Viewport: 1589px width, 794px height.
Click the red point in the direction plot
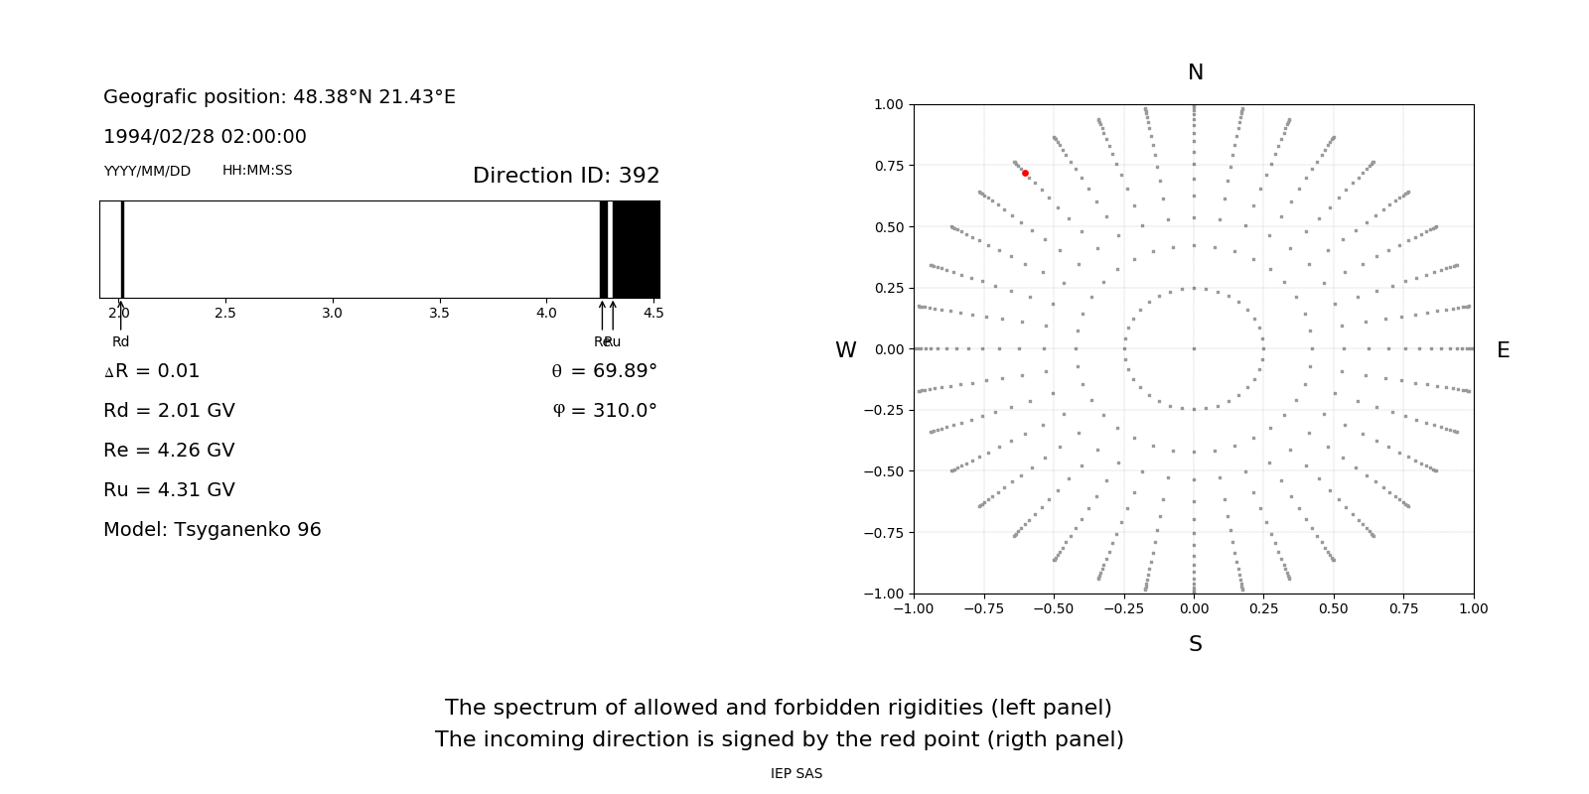(1025, 173)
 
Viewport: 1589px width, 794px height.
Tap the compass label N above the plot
(1196, 72)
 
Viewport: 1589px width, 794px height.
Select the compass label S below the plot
(1196, 644)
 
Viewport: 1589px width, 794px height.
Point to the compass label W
(846, 350)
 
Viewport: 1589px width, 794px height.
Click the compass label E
(1503, 350)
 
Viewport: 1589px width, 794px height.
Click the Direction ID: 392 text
(566, 176)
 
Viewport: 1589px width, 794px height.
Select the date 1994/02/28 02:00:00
(205, 137)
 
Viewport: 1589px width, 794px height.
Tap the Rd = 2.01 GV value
(169, 411)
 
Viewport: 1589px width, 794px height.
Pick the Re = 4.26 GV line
(169, 451)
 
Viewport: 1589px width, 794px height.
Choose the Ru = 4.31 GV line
(169, 490)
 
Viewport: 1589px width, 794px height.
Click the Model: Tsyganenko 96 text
(213, 530)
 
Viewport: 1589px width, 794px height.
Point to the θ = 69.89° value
(605, 371)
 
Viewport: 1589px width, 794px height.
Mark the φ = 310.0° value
(605, 411)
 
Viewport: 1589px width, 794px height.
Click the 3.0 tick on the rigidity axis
(332, 313)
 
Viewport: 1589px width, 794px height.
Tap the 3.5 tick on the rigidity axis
(439, 313)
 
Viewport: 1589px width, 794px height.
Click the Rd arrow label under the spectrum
(120, 341)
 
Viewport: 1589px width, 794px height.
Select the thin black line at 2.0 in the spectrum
(122, 249)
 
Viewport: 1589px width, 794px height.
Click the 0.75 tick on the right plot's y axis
(889, 166)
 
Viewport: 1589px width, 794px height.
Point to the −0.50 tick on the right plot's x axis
(1054, 608)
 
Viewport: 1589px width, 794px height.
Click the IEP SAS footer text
(796, 774)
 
